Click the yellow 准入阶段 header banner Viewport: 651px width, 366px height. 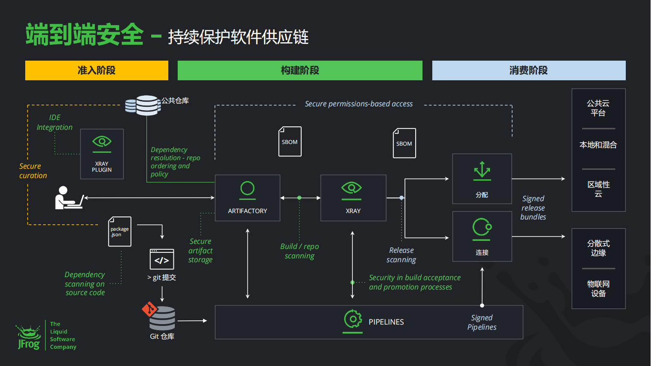tap(97, 70)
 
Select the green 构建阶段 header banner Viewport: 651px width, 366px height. tap(300, 70)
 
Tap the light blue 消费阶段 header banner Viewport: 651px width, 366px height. tap(529, 70)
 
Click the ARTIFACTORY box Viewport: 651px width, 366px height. tap(247, 198)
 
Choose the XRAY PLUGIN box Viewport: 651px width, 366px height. tap(102, 154)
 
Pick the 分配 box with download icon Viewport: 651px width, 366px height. tap(482, 179)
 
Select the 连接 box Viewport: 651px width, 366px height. tap(482, 236)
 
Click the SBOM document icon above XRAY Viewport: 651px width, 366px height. tap(404, 143)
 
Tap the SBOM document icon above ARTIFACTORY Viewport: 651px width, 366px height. tap(290, 141)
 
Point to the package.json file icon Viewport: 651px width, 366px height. tap(120, 231)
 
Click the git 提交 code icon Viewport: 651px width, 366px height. tap(162, 259)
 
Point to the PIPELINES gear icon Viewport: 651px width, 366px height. tap(353, 319)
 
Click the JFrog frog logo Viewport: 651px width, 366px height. tap(29, 337)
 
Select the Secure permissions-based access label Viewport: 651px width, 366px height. tap(359, 104)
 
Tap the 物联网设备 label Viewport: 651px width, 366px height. tap(598, 289)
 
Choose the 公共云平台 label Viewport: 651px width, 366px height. tap(598, 108)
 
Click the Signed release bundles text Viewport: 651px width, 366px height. tap(533, 208)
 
